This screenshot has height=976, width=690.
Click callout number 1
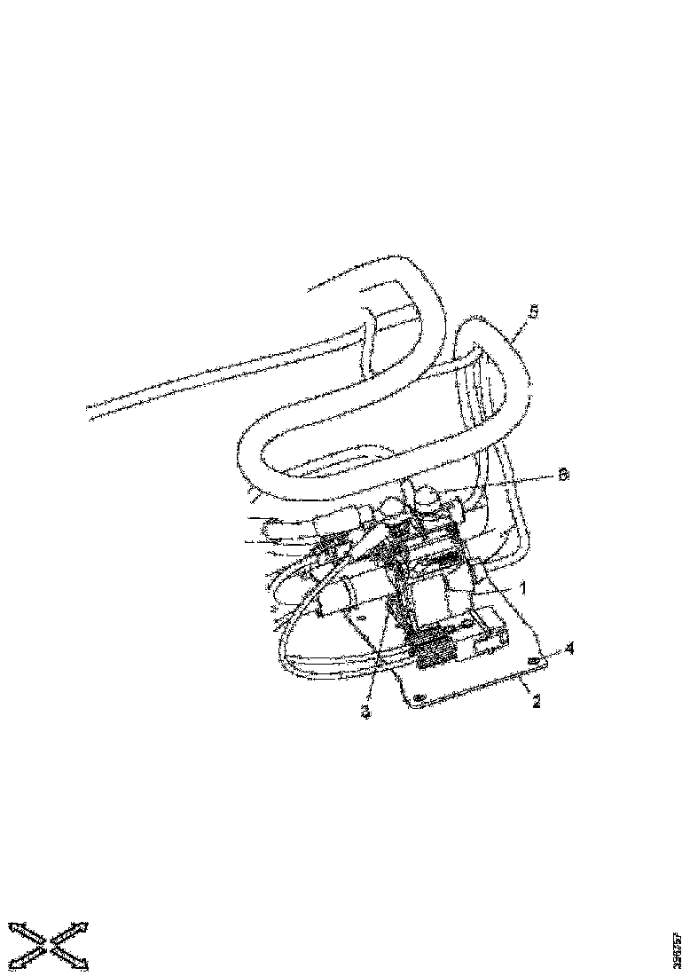[x=523, y=587]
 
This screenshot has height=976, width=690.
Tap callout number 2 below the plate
[x=537, y=700]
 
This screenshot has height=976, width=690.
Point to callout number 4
[x=569, y=649]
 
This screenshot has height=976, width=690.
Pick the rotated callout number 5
[x=534, y=312]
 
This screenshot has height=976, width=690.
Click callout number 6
[x=562, y=475]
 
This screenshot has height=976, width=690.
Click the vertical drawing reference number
[x=678, y=948]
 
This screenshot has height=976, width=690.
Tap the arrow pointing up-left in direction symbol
[x=21, y=931]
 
